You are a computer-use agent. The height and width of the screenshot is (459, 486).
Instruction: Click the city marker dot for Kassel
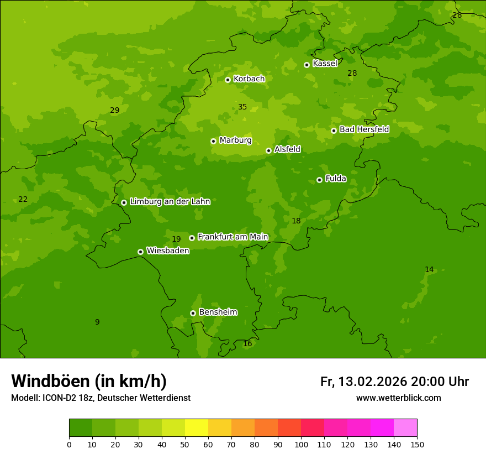click(307, 65)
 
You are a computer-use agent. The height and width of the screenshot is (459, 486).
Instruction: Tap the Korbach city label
click(249, 79)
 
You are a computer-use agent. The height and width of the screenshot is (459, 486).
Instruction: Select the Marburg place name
click(235, 140)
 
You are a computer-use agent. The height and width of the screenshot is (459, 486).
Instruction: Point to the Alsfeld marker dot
click(268, 150)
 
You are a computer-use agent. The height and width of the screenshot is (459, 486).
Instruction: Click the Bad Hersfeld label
click(364, 129)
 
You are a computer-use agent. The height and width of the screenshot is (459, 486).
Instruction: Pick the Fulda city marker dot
click(319, 180)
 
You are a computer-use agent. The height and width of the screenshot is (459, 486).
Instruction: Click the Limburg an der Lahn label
click(170, 202)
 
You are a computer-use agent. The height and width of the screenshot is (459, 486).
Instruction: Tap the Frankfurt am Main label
click(233, 237)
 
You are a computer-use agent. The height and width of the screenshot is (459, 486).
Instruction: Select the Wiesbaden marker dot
click(140, 252)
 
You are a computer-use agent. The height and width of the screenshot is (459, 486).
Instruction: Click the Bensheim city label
click(218, 312)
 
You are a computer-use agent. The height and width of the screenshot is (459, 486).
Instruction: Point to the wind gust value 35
click(242, 107)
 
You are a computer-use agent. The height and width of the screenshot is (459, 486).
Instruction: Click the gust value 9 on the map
click(97, 322)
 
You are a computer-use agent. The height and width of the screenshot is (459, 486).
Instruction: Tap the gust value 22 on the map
click(23, 200)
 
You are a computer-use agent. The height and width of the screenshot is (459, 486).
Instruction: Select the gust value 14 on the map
click(429, 270)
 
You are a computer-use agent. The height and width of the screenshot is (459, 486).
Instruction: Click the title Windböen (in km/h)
click(89, 381)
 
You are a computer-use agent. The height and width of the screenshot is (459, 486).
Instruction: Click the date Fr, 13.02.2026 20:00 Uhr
click(394, 382)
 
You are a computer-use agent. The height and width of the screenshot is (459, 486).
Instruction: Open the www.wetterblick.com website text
click(398, 398)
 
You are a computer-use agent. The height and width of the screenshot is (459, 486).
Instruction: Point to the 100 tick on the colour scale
click(301, 444)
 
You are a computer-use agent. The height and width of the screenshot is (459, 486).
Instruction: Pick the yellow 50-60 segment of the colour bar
click(197, 428)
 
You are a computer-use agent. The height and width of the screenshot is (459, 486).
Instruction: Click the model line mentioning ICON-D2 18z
click(101, 398)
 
